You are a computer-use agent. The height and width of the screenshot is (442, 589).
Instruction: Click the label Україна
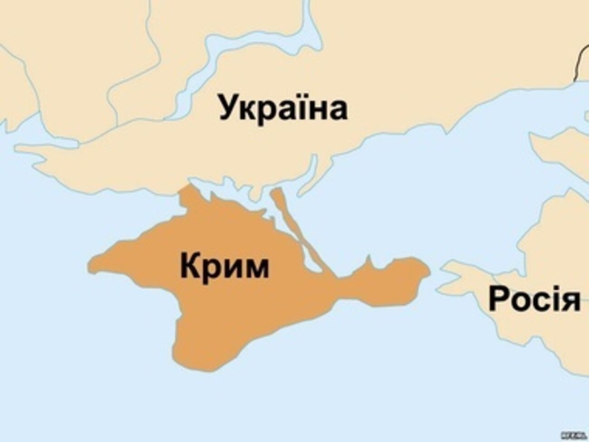(x=284, y=107)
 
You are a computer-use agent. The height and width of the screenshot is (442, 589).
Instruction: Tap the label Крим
(x=224, y=266)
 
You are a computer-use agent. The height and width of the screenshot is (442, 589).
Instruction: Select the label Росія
(x=534, y=299)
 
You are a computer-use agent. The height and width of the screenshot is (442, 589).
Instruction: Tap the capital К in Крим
(x=190, y=266)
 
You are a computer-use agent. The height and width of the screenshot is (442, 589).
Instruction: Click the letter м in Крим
(x=256, y=268)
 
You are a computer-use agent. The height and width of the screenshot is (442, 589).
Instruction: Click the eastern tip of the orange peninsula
(x=427, y=272)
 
